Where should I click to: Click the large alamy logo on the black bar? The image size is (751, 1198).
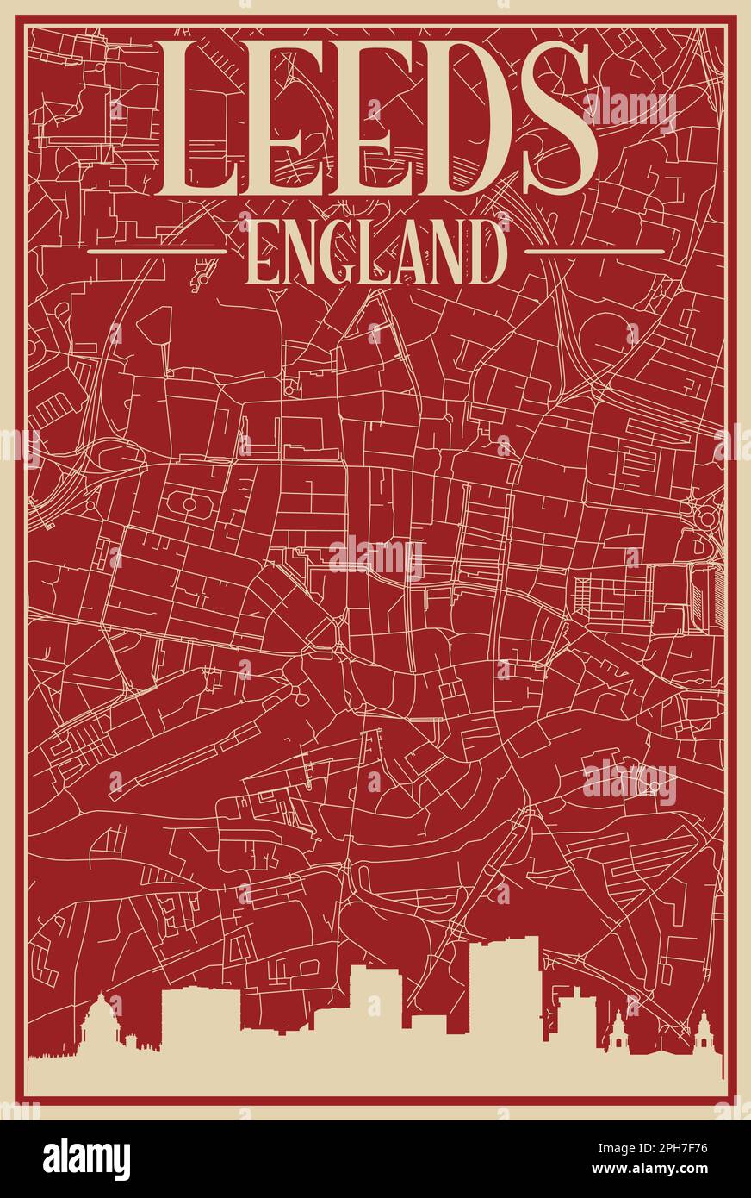coord(86,1158)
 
